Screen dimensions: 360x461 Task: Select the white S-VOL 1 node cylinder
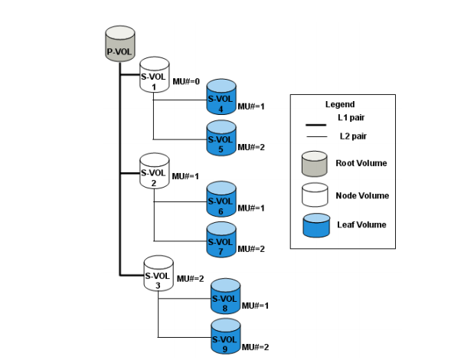coord(154,75)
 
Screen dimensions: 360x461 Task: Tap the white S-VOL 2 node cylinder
coord(154,171)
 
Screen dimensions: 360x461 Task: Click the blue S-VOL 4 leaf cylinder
coord(221,97)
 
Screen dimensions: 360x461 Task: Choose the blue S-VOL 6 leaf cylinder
coord(221,199)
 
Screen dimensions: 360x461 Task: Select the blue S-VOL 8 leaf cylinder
coord(225,296)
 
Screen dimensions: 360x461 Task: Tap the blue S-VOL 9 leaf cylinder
coord(225,337)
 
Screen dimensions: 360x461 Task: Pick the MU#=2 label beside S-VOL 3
coord(191,279)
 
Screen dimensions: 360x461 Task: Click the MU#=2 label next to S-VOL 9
coord(256,347)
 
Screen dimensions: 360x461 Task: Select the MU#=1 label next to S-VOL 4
coord(251,106)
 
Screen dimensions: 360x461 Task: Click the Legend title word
coord(339,104)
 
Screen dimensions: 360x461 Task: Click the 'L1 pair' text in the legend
coord(352,119)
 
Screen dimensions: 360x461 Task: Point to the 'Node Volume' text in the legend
coord(362,195)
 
